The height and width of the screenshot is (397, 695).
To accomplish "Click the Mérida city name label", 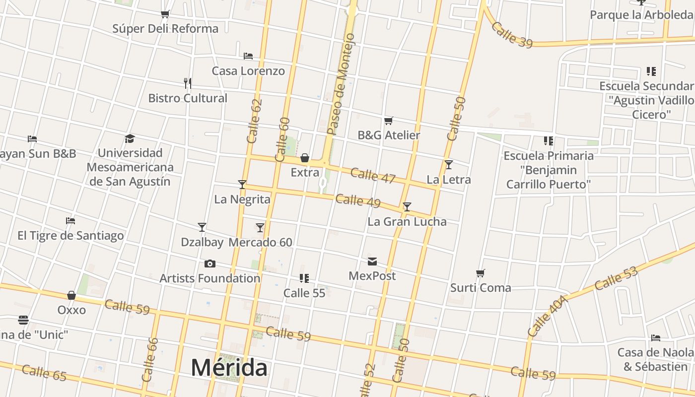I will pyautogui.click(x=229, y=368).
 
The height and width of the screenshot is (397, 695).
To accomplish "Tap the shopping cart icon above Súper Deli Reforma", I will pyautogui.click(x=165, y=14).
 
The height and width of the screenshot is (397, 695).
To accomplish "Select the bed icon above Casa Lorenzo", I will pyautogui.click(x=248, y=56).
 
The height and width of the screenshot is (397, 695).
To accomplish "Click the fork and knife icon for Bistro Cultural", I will pyautogui.click(x=188, y=83).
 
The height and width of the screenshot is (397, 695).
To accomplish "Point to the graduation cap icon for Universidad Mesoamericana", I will pyautogui.click(x=130, y=138).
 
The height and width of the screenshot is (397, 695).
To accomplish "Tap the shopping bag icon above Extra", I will pyautogui.click(x=305, y=158).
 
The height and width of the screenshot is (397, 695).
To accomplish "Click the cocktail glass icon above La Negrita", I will pyautogui.click(x=242, y=185).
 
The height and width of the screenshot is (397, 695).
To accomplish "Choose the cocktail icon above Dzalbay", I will pyautogui.click(x=202, y=227).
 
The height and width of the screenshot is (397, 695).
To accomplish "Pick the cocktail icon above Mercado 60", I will pyautogui.click(x=260, y=228).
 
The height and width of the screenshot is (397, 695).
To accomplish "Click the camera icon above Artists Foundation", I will pyautogui.click(x=210, y=264).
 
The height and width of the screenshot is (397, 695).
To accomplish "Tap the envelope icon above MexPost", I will pyautogui.click(x=372, y=262).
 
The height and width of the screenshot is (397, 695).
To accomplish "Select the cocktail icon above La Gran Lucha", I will pyautogui.click(x=407, y=207).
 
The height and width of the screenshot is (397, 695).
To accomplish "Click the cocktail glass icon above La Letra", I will pyautogui.click(x=449, y=165).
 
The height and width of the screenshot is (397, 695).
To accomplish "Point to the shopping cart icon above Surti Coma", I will pyautogui.click(x=480, y=273).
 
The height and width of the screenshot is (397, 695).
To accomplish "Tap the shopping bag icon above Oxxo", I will pyautogui.click(x=71, y=295).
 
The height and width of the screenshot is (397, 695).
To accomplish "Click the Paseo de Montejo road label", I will pyautogui.click(x=341, y=84).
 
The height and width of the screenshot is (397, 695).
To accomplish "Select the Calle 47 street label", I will pyautogui.click(x=372, y=175).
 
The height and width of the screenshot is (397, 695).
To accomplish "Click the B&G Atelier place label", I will pyautogui.click(x=389, y=135).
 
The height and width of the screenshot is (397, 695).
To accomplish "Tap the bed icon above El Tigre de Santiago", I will pyautogui.click(x=70, y=221).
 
